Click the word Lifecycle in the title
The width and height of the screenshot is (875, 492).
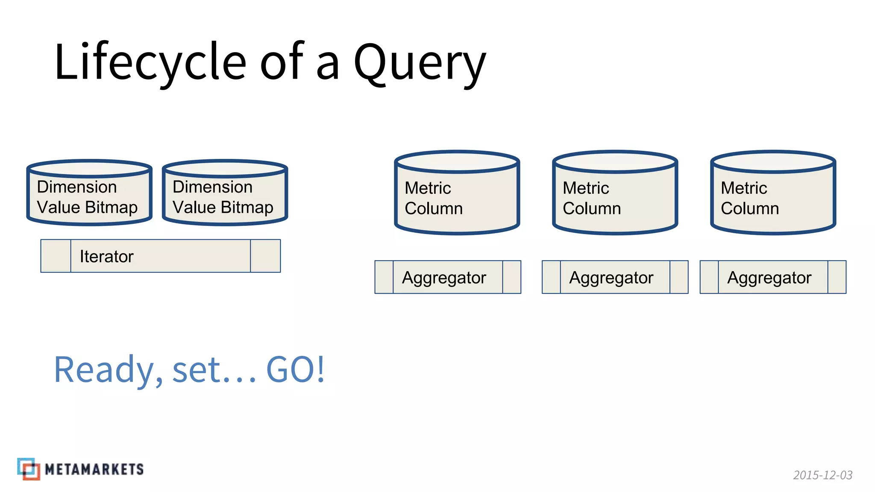pyautogui.click(x=150, y=62)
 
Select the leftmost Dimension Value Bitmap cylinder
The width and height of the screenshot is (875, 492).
pyautogui.click(x=89, y=193)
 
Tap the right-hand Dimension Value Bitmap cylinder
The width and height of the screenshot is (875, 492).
pyautogui.click(x=225, y=193)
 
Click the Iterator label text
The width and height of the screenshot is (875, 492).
pyautogui.click(x=106, y=257)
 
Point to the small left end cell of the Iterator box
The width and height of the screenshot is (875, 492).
pyautogui.click(x=56, y=256)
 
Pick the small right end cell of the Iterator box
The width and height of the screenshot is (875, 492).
pyautogui.click(x=265, y=256)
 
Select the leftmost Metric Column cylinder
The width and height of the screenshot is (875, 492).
pyautogui.click(x=457, y=193)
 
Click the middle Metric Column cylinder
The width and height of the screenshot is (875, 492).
pyautogui.click(x=615, y=193)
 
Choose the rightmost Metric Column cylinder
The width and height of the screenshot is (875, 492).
pyautogui.click(x=773, y=193)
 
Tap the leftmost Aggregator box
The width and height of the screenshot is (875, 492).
pyautogui.click(x=447, y=277)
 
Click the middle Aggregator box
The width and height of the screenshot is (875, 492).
pyautogui.click(x=614, y=277)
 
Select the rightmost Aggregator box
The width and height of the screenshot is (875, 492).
pyautogui.click(x=772, y=277)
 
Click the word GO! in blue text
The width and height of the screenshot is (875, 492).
pyautogui.click(x=295, y=369)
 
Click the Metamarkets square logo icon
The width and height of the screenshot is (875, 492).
pyautogui.click(x=29, y=469)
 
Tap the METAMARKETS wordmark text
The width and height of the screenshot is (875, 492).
pyautogui.click(x=94, y=469)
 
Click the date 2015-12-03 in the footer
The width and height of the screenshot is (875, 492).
pyautogui.click(x=822, y=475)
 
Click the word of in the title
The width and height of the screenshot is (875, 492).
pyautogui.click(x=282, y=62)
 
